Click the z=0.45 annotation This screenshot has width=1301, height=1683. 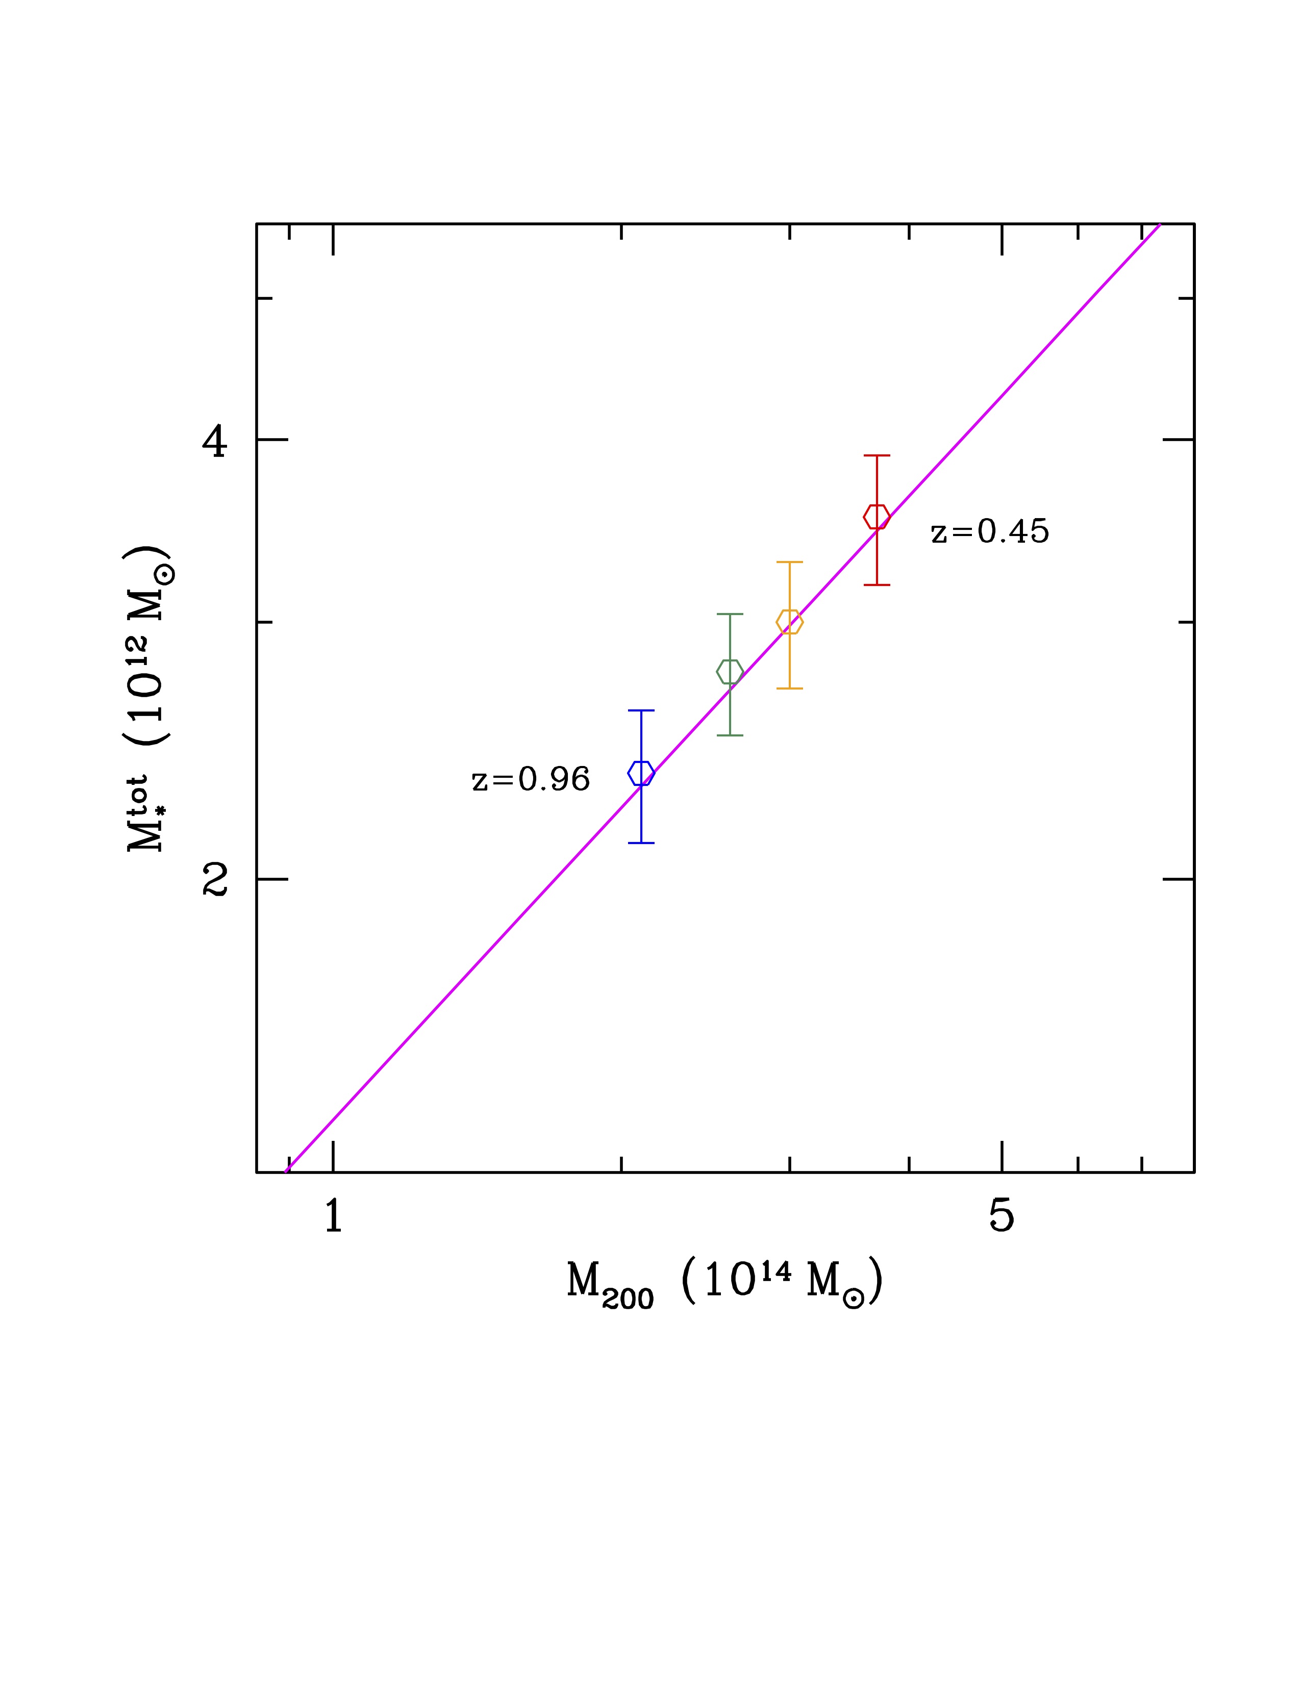pyautogui.click(x=990, y=532)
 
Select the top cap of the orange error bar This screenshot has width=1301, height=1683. pyautogui.click(x=789, y=562)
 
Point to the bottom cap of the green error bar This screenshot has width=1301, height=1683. pyautogui.click(x=730, y=735)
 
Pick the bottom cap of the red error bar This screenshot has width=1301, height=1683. pyautogui.click(x=877, y=585)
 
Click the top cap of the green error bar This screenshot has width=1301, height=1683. pyautogui.click(x=730, y=614)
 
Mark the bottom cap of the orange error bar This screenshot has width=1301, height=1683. pyautogui.click(x=789, y=688)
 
